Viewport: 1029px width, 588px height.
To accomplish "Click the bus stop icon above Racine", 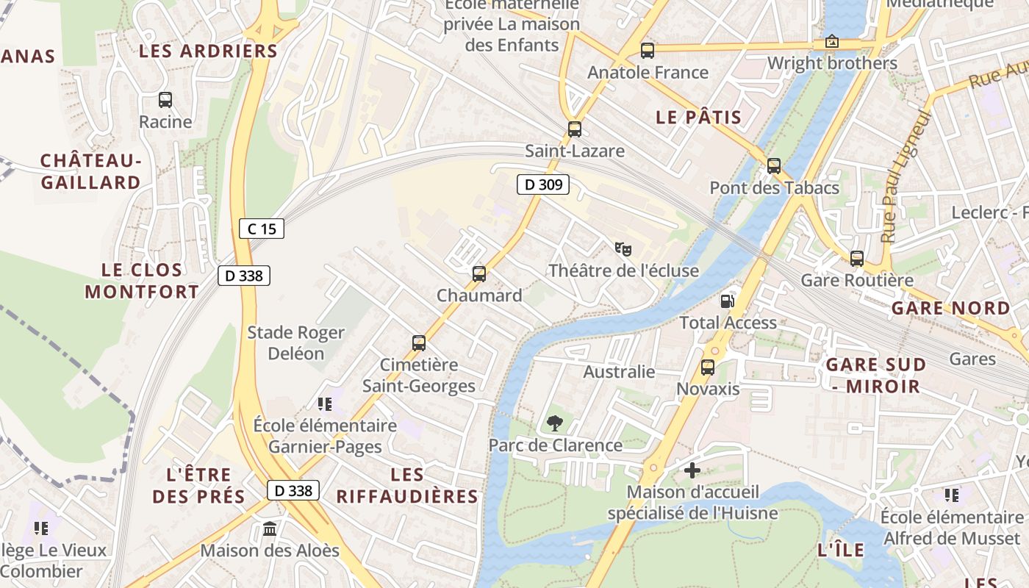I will [165, 100].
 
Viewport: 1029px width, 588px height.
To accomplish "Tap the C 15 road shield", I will [262, 229].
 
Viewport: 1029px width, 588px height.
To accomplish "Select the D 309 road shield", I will [543, 184].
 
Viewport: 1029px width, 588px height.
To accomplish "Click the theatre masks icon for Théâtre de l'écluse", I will [623, 249].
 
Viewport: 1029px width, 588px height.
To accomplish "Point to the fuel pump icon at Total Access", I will [727, 301].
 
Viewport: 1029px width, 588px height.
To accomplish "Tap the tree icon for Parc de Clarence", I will [555, 423].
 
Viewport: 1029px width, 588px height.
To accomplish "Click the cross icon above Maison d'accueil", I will [692, 470].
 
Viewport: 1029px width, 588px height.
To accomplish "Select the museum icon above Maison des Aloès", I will [270, 528].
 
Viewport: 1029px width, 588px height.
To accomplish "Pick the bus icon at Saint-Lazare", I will [575, 129].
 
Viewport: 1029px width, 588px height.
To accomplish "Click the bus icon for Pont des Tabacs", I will [774, 166].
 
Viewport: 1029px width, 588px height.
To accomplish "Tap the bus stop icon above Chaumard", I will [479, 274].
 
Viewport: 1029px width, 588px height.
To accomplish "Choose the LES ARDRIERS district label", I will [208, 51].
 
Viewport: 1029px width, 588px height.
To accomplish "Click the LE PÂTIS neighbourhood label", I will [698, 117].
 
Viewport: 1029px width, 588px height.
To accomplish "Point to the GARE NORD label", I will [951, 308].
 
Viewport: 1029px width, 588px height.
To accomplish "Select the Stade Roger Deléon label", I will [295, 343].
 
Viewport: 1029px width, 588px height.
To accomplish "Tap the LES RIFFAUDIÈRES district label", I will [407, 486].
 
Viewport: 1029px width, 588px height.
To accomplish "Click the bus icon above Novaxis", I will [708, 367].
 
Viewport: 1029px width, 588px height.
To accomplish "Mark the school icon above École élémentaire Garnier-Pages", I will [325, 404].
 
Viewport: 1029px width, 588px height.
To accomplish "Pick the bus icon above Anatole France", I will [648, 51].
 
